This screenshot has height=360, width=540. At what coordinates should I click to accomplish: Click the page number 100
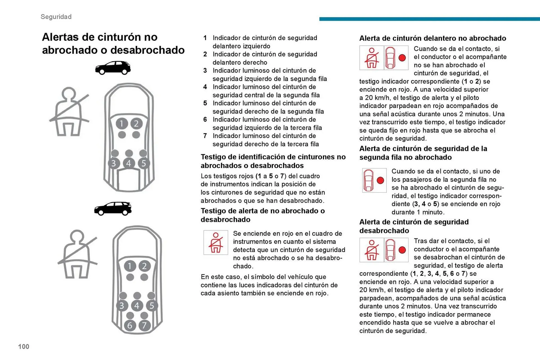[x=24, y=347]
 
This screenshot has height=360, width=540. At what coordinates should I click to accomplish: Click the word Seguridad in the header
[x=56, y=17]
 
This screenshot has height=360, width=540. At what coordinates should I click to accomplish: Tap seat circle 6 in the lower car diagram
[x=130, y=325]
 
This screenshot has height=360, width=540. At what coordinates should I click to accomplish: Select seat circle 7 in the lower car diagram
[x=144, y=325]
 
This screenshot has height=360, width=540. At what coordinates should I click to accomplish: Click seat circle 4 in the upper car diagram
[x=129, y=163]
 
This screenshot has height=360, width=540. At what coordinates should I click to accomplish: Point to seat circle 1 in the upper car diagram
[x=121, y=124]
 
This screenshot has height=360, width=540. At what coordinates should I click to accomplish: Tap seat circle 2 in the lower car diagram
[x=144, y=266]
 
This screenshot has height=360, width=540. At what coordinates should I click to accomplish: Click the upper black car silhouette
[x=113, y=68]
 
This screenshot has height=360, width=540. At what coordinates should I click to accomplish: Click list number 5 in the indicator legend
[x=205, y=103]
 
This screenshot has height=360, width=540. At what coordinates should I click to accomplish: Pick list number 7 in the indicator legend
[x=205, y=136]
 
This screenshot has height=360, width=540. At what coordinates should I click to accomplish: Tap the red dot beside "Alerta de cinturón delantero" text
[x=402, y=58]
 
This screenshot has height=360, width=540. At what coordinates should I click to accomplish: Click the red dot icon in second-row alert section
[x=380, y=180]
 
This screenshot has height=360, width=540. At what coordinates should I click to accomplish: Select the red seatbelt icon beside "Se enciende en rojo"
[x=216, y=243]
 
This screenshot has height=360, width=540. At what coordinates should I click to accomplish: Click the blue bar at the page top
[x=429, y=19]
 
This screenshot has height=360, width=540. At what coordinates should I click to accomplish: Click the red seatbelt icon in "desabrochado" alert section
[x=372, y=250]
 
